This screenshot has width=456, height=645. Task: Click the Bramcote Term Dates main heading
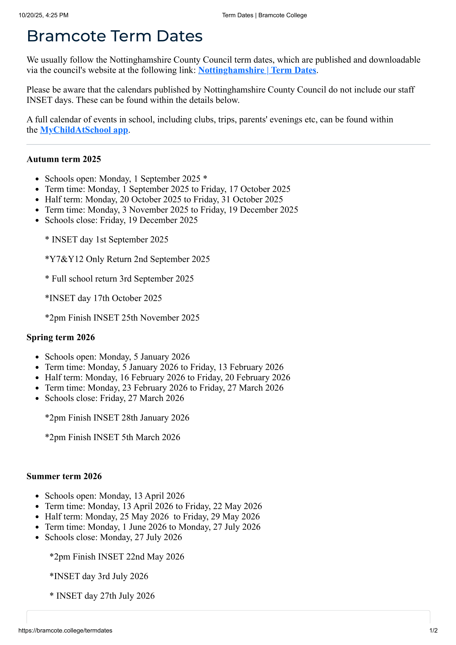[115, 36]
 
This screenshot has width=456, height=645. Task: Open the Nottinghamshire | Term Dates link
[257, 70]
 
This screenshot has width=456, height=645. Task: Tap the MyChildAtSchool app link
[84, 130]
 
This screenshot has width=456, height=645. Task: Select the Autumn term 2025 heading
[64, 159]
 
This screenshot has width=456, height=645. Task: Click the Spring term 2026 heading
[61, 337]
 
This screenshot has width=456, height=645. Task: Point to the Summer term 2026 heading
[64, 476]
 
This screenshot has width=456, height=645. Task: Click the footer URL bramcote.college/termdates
[65, 630]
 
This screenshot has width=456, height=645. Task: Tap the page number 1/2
[433, 630]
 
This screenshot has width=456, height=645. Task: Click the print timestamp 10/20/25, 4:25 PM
[44, 15]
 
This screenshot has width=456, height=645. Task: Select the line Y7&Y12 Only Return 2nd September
[127, 259]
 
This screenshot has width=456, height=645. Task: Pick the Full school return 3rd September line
[119, 279]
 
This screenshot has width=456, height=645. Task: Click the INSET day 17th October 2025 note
[103, 298]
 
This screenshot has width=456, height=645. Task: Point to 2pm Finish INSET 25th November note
[122, 318]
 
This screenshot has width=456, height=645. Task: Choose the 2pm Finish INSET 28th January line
[117, 418]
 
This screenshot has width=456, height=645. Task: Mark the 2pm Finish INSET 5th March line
[113, 437]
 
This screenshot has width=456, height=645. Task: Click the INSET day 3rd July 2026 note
[99, 576]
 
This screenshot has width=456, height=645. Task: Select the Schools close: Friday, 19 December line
[121, 220]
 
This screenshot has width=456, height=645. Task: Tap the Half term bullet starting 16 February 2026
[167, 377]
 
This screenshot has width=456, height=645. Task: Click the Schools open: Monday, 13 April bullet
[115, 496]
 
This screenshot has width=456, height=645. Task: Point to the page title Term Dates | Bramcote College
[264, 15]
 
